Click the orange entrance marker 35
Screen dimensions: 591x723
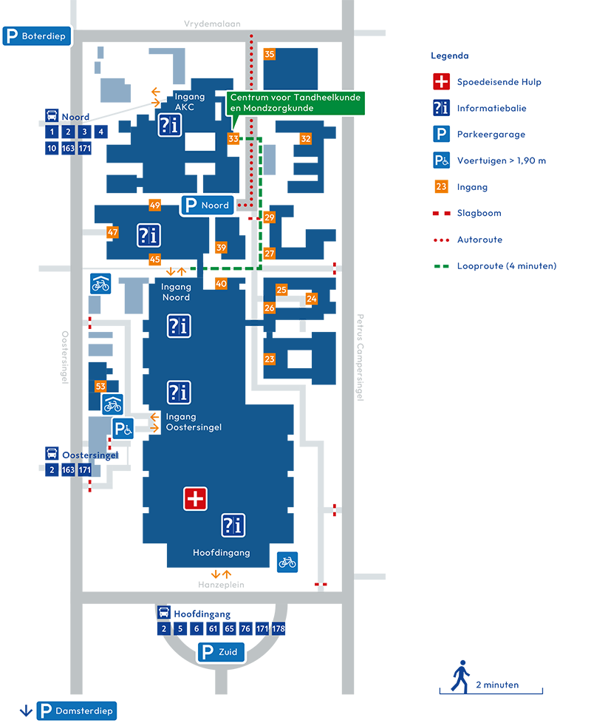pyautogui.click(x=269, y=54)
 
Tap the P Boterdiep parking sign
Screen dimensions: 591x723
pyautogui.click(x=37, y=36)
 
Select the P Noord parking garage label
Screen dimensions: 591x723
pyautogui.click(x=208, y=206)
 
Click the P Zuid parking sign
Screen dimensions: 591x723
pyautogui.click(x=221, y=652)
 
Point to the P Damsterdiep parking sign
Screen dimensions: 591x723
pyautogui.click(x=77, y=710)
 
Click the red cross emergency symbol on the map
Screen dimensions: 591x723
pyautogui.click(x=195, y=499)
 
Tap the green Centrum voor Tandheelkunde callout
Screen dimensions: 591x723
pyautogui.click(x=295, y=103)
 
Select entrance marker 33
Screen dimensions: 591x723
pyautogui.click(x=233, y=138)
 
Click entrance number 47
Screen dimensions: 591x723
pyautogui.click(x=112, y=232)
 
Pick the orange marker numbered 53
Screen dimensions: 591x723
pyautogui.click(x=100, y=386)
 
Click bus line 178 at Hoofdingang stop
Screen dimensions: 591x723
pyautogui.click(x=279, y=628)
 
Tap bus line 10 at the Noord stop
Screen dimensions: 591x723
pyautogui.click(x=52, y=148)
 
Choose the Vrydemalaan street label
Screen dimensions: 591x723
pyautogui.click(x=212, y=24)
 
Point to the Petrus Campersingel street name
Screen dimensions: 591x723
pyautogui.click(x=361, y=357)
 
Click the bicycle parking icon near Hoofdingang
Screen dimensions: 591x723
pyautogui.click(x=287, y=562)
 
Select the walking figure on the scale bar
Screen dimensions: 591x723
pyautogui.click(x=460, y=676)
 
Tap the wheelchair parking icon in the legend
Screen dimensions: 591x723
pyautogui.click(x=441, y=160)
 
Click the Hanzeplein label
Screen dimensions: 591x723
pyautogui.click(x=221, y=585)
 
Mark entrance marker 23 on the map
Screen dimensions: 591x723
pyautogui.click(x=270, y=359)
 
